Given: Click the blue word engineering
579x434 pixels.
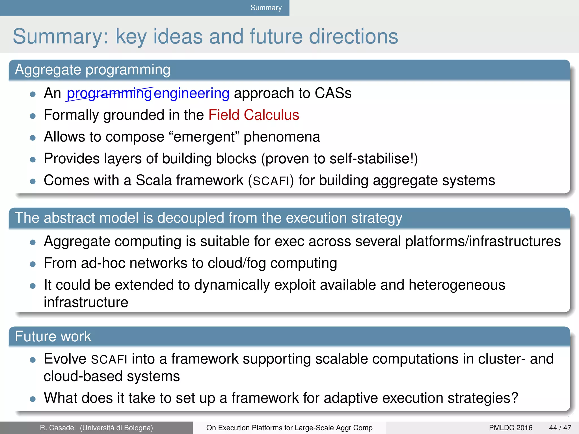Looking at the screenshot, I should coord(191,94).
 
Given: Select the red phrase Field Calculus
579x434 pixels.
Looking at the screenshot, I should coord(254,115).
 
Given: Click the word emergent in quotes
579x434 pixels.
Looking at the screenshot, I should coord(204,137).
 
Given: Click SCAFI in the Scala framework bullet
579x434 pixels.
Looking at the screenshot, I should coord(271,181).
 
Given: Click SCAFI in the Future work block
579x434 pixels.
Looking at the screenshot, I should coord(109,359).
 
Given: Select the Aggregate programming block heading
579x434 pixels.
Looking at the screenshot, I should coord(93,70).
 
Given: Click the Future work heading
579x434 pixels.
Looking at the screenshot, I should coord(53,337).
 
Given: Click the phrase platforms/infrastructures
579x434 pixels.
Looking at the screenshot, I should coord(483,242).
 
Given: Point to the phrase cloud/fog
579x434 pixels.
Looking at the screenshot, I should coord(237,263).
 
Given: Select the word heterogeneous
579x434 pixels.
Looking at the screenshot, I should coord(457,285).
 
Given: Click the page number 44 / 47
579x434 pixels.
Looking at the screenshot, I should coord(560,428).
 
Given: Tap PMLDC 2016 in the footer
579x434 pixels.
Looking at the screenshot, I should coord(510,428).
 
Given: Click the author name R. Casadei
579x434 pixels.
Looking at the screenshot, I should coord(58,428).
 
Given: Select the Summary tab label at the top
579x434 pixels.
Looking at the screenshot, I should coord(266,8).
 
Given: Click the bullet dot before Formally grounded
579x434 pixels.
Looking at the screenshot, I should coord(33,116).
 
